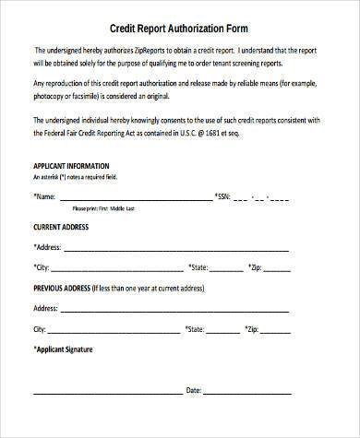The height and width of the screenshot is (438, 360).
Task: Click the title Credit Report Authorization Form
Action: (x=180, y=30)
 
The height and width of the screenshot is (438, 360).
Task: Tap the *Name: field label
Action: (x=44, y=196)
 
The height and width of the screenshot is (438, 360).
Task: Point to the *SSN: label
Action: (x=224, y=196)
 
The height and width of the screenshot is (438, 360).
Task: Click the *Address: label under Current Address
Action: (x=48, y=247)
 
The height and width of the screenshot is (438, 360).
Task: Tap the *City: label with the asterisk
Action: (x=42, y=267)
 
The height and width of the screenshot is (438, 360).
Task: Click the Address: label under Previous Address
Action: (x=46, y=308)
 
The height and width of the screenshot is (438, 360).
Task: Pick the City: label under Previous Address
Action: (x=40, y=329)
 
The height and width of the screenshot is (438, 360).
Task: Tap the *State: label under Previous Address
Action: (x=196, y=329)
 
